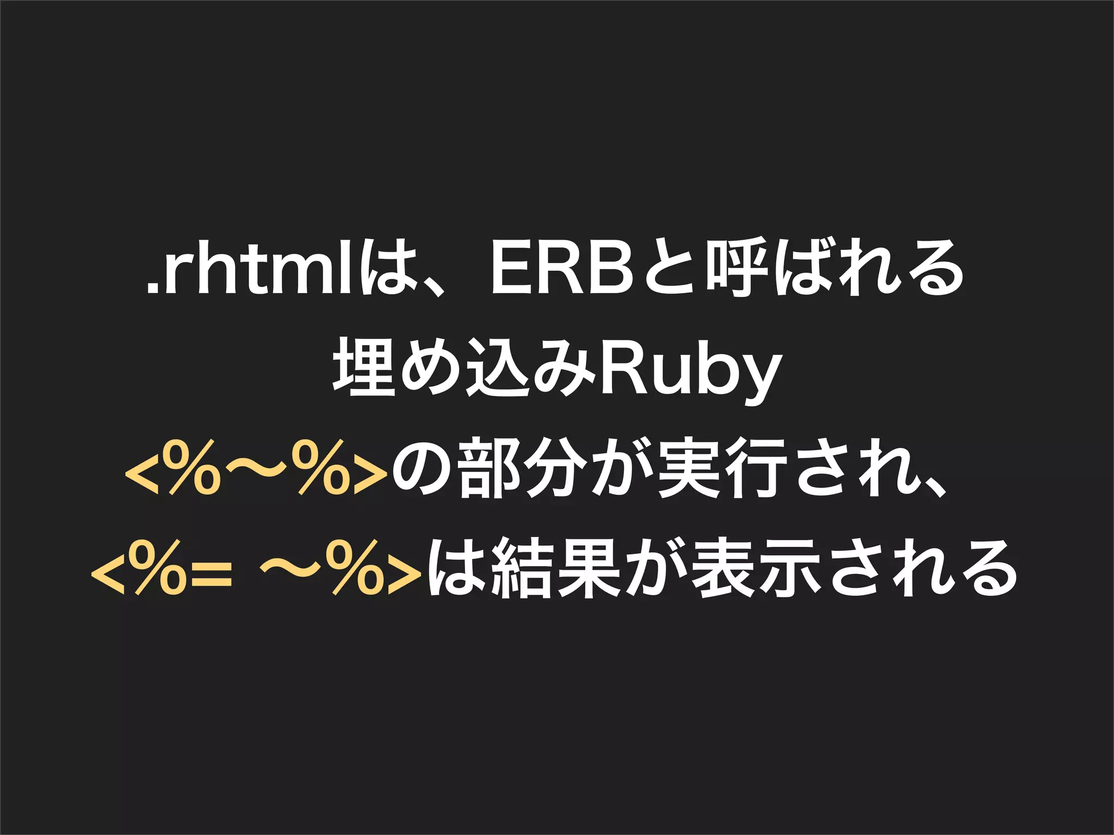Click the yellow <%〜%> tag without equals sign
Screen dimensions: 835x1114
tap(256, 468)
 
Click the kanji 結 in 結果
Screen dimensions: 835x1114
tap(521, 568)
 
